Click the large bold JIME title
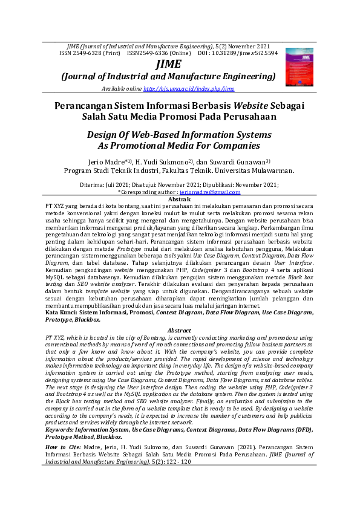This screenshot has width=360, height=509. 168,65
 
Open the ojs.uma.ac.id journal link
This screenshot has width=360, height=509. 189,89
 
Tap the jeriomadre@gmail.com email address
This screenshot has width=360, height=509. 210,192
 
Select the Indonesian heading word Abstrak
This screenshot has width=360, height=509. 180,199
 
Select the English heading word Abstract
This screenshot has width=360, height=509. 179,331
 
